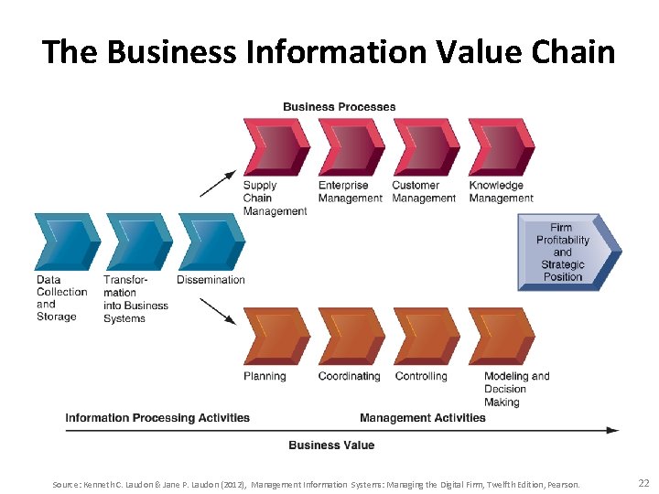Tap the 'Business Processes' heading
pos(340,107)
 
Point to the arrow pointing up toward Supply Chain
pos(218,183)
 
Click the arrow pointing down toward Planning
pos(218,310)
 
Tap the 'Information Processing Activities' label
pos(157,418)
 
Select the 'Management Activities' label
pos(423,418)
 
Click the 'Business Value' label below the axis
pos(331,445)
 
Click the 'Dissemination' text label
pos(211,280)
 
